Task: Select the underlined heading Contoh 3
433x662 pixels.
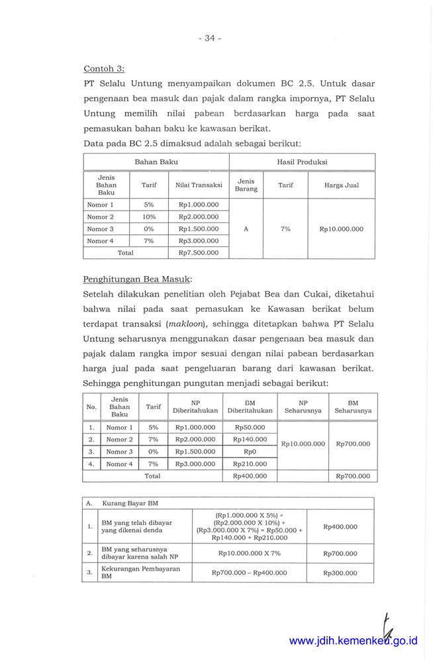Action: pyautogui.click(x=104, y=68)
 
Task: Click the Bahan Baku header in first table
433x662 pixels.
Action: pyautogui.click(x=156, y=162)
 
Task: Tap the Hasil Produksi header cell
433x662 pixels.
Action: pyautogui.click(x=302, y=162)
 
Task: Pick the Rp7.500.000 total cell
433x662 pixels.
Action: pyautogui.click(x=199, y=253)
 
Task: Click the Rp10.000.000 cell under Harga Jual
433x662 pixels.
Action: pyautogui.click(x=341, y=229)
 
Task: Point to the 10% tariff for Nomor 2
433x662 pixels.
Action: pyautogui.click(x=149, y=217)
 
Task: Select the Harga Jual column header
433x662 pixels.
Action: pyautogui.click(x=341, y=185)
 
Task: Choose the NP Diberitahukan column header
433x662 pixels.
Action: pyautogui.click(x=195, y=406)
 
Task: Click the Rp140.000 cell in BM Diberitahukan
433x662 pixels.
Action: pyautogui.click(x=250, y=440)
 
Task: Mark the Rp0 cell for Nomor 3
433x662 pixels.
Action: pyautogui.click(x=250, y=451)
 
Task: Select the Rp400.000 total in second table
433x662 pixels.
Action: pyautogui.click(x=250, y=476)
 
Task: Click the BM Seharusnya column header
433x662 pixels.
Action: pyautogui.click(x=353, y=406)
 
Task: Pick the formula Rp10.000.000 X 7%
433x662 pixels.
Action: pyautogui.click(x=249, y=553)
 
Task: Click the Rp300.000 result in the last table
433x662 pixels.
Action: pyautogui.click(x=340, y=573)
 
